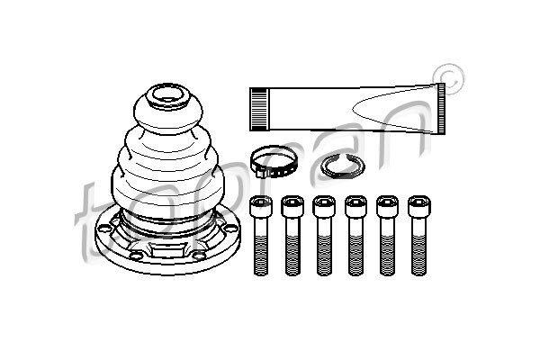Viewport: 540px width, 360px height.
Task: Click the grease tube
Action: [x=347, y=109]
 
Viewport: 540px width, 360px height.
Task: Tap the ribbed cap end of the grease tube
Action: [x=259, y=109]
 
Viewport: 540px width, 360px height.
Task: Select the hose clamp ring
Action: [x=272, y=161]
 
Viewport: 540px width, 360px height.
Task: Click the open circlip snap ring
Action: [x=342, y=166]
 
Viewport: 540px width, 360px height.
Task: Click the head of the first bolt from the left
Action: [x=261, y=206]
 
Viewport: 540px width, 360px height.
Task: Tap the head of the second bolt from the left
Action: [x=292, y=206]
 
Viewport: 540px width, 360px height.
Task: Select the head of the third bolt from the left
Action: [x=324, y=206]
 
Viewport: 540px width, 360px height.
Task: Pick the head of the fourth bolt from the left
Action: [x=355, y=206]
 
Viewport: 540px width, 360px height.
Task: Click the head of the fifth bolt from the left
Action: [x=387, y=206]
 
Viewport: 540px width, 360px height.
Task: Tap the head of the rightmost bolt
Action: [x=419, y=206]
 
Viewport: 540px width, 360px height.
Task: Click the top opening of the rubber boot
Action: [x=168, y=95]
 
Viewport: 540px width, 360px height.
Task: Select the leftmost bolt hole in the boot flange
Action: [x=103, y=228]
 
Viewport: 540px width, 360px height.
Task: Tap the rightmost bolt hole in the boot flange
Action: [x=230, y=228]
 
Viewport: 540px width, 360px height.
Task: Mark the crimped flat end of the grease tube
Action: [x=441, y=109]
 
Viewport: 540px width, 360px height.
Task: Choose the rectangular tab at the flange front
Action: [x=169, y=250]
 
